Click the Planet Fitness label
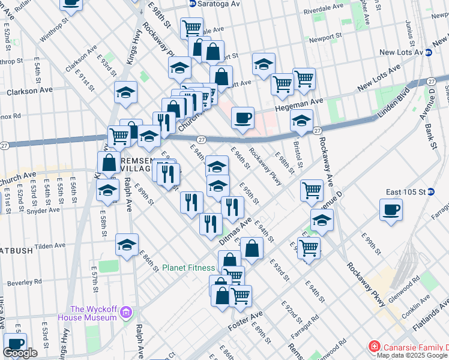coord(188,268)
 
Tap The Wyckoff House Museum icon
coord(126,313)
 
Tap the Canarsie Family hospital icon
coord(374,347)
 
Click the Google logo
coord(20,353)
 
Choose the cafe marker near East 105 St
coord(391,210)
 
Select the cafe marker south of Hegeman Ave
coord(243,118)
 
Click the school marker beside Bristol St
coord(302,121)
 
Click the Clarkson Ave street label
coord(29,91)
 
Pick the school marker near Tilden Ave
coord(127,245)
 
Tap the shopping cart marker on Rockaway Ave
coord(312,190)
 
